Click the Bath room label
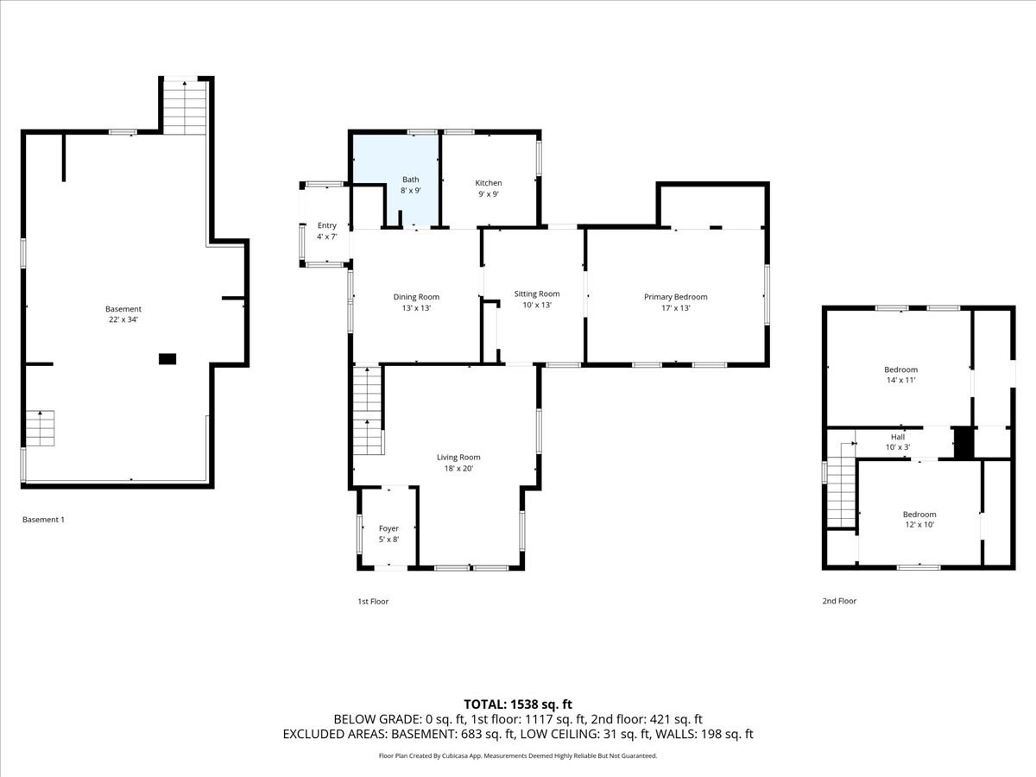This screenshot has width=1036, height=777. click(410, 180)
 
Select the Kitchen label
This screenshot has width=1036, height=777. click(488, 183)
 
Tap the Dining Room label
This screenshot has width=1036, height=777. click(416, 297)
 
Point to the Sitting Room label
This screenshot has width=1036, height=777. click(536, 294)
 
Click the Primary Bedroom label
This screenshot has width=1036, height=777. click(675, 297)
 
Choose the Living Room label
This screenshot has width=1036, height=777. click(458, 458)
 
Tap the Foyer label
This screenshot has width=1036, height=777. click(388, 528)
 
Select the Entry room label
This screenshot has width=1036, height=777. click(326, 225)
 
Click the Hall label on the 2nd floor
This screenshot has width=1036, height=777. click(898, 437)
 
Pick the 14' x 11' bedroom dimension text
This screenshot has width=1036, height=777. click(900, 380)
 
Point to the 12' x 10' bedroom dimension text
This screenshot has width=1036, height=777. click(919, 524)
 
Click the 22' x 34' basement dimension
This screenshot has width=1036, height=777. click(123, 319)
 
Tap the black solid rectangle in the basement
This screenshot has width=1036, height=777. click(167, 358)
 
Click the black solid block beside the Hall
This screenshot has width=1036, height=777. click(963, 442)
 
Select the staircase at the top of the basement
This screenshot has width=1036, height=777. click(185, 106)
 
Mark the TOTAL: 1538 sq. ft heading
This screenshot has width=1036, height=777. click(517, 704)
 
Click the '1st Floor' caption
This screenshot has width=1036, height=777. click(373, 601)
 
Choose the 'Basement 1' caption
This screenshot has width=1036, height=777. click(43, 520)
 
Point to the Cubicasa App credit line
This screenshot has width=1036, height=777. click(517, 755)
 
